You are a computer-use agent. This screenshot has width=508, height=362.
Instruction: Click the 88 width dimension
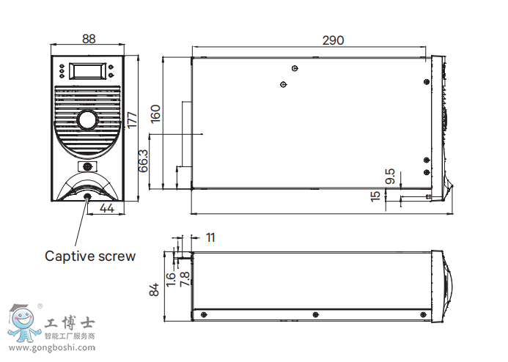pos(88,40)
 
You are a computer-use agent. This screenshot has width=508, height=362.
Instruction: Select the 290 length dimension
pos(333,41)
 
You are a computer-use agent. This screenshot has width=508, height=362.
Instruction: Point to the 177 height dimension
pos(132,119)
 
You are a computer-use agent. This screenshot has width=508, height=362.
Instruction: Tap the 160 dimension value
pos(155,114)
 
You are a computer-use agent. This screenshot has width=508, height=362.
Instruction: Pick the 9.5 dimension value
pos(390,177)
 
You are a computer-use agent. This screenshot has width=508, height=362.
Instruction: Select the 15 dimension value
pos(376,196)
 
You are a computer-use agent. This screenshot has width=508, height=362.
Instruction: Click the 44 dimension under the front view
pos(106,209)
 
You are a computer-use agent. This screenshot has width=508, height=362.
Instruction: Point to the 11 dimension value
pos(210,237)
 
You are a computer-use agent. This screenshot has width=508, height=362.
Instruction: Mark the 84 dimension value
pos(155,290)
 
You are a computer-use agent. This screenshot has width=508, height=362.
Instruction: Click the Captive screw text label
pos(90,256)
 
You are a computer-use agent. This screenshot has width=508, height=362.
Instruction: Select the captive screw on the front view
pos(88,196)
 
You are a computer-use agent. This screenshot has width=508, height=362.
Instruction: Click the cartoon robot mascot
pos(23,322)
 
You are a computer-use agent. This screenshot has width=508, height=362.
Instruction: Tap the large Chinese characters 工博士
pos(70,323)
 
